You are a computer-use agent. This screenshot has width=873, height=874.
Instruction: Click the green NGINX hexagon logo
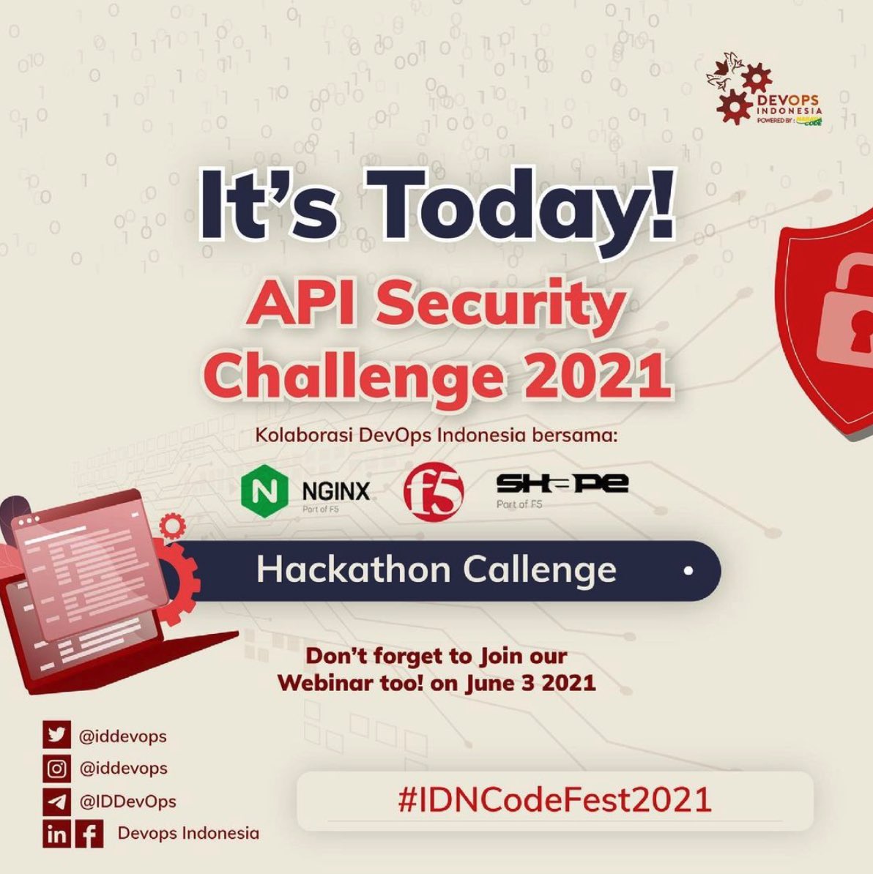tap(261, 490)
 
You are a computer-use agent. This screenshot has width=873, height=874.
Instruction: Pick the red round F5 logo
tap(434, 490)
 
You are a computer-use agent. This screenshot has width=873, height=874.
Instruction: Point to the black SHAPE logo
tap(562, 484)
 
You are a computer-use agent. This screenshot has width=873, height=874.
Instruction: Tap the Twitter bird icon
tap(56, 735)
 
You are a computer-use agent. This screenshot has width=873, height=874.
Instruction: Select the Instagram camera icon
tap(56, 768)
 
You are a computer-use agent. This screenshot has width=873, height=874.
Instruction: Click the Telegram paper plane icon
tap(56, 801)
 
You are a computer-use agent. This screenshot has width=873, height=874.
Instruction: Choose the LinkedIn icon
tap(56, 834)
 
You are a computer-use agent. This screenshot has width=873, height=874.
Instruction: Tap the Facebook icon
tap(89, 834)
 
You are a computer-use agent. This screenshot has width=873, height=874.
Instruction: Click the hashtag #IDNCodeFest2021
tap(554, 799)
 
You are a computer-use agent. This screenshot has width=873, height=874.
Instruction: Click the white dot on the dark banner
tap(688, 570)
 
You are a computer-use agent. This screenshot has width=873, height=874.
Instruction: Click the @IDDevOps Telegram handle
tap(127, 801)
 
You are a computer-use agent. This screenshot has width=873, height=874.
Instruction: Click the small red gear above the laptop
tap(173, 524)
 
